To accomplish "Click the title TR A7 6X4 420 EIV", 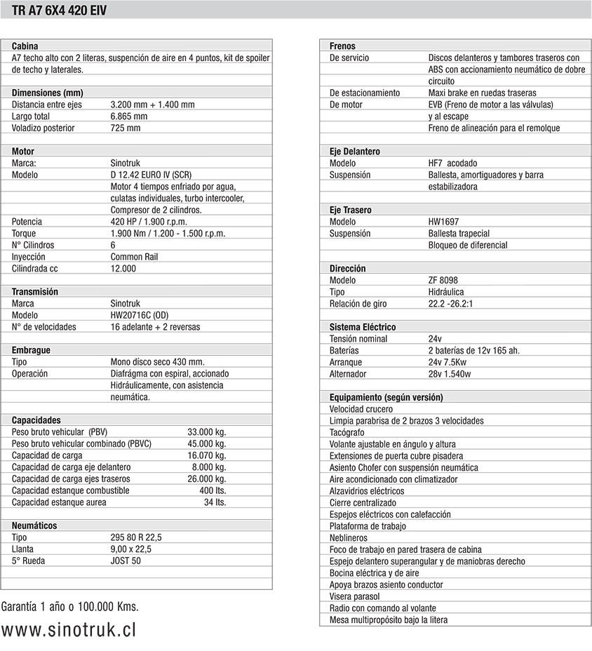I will pos(60,10).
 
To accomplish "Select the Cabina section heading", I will pos(25,46).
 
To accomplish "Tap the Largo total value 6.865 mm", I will pos(129,116).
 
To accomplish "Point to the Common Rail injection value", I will pos(134,257).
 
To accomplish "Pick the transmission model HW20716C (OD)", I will pos(139,315).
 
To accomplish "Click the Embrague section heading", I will pos(31,350).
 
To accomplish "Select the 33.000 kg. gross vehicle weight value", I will pos(206,432).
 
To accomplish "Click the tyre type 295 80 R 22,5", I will pos(136,537).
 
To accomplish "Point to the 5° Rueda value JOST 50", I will pos(126,561).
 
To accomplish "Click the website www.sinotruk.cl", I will pos(68,629).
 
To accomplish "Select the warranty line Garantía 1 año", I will pos(69,606).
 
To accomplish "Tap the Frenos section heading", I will pos(342,46).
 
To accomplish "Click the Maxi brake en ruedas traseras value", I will pos(482,93).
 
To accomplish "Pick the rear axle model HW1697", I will pos(443,222).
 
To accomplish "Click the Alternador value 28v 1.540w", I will pos(449,374).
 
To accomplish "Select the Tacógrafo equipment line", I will pos(348,433).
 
